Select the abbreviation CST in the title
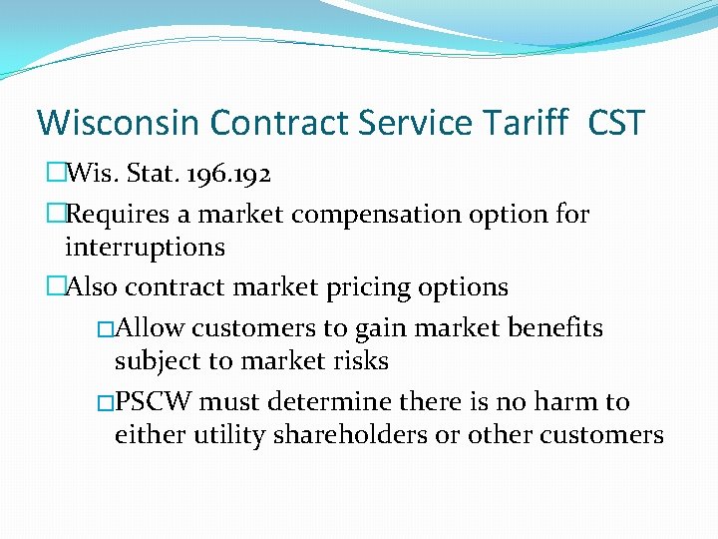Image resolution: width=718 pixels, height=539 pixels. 616,123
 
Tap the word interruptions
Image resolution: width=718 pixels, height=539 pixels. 145,247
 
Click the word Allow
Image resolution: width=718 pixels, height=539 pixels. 151,328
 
